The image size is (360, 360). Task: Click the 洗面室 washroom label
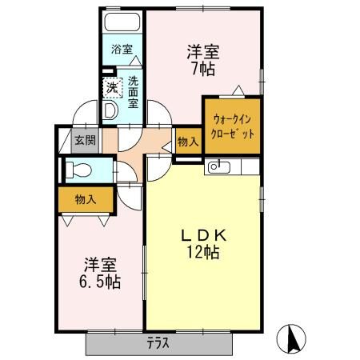pyautogui.click(x=133, y=90)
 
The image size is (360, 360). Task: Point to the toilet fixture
pyautogui.click(x=78, y=170)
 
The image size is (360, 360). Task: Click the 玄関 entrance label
pyautogui.click(x=85, y=139)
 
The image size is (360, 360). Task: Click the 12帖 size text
pyautogui.click(x=203, y=253)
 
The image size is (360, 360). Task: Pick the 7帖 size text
pyautogui.click(x=203, y=70)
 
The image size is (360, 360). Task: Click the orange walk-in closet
pyautogui.click(x=233, y=126)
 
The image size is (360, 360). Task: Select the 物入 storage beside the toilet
pyautogui.click(x=86, y=198)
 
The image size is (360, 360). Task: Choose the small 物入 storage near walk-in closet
pyautogui.click(x=187, y=143)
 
